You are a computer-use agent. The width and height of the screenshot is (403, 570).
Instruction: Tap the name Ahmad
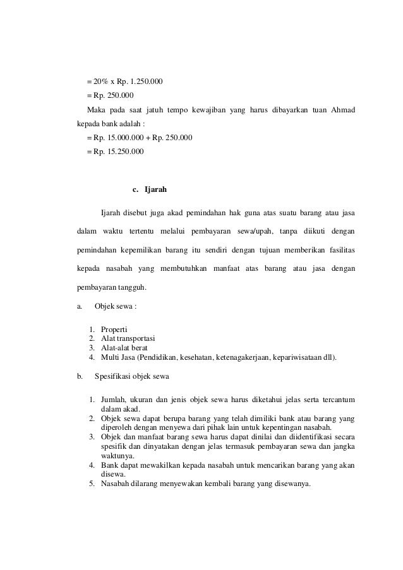(x=342, y=110)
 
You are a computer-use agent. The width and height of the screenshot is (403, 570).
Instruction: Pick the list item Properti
(x=114, y=330)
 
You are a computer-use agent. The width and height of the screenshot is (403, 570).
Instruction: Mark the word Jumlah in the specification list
(x=113, y=399)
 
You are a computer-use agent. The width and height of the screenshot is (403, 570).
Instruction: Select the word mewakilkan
(x=157, y=466)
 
